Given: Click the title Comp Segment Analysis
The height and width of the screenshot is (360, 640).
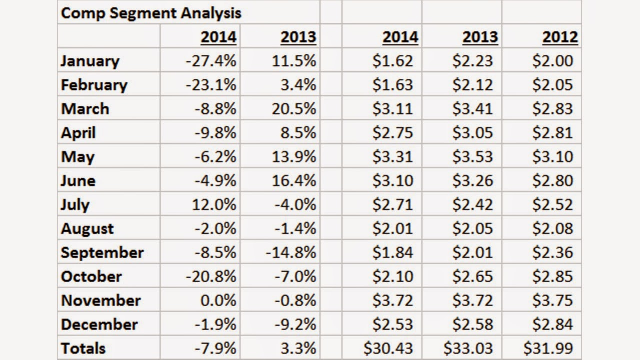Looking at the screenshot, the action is (x=151, y=13).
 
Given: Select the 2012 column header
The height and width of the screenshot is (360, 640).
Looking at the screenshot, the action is (x=560, y=37).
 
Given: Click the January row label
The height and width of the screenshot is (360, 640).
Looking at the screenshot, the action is (x=90, y=61).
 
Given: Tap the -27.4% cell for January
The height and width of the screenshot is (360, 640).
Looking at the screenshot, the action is (x=211, y=61).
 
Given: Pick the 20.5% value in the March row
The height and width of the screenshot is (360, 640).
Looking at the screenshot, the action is (x=294, y=109).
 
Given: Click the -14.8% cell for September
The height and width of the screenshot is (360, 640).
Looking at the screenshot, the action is (x=291, y=253).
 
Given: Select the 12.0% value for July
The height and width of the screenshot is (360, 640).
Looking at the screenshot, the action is (x=214, y=205).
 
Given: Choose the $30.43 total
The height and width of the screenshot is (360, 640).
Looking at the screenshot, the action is (x=388, y=348).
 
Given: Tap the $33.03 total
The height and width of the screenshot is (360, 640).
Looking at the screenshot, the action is (x=468, y=348).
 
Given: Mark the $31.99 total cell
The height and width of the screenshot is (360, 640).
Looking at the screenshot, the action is (x=548, y=348).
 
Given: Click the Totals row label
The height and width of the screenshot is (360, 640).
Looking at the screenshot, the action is (x=83, y=348).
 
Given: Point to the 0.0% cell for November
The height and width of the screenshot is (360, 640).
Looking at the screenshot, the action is (x=218, y=301).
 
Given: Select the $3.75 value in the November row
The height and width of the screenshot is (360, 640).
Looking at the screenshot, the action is (x=553, y=301).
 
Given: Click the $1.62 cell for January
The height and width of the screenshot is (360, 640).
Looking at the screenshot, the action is (x=393, y=61).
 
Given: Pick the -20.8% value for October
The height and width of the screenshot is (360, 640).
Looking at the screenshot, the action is (x=211, y=277).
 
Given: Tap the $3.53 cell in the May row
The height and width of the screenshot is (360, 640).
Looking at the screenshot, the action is (x=473, y=157).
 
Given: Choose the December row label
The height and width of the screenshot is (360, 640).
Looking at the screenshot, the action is (x=99, y=325).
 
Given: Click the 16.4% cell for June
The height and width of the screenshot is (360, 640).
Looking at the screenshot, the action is (x=294, y=181).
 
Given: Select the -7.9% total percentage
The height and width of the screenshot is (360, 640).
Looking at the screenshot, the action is (x=215, y=348).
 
